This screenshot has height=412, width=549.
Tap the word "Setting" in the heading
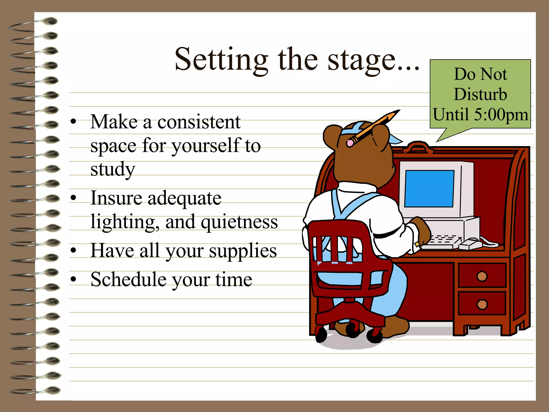[x=221, y=60]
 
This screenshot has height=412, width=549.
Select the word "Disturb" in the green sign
[x=480, y=94]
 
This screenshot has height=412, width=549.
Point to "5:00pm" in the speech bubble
[x=501, y=115]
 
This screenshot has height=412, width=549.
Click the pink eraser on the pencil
[x=350, y=143]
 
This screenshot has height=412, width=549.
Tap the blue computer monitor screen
[x=429, y=188]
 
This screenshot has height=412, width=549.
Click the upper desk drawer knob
[x=482, y=276]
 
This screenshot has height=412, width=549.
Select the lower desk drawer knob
[x=482, y=304]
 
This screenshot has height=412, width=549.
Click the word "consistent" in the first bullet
[x=199, y=122]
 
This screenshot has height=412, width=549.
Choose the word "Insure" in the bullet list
[x=116, y=198]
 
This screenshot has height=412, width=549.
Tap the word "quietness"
[x=239, y=222]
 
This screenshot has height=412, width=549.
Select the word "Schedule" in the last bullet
[x=128, y=279]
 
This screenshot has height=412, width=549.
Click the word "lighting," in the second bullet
[x=125, y=222]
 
